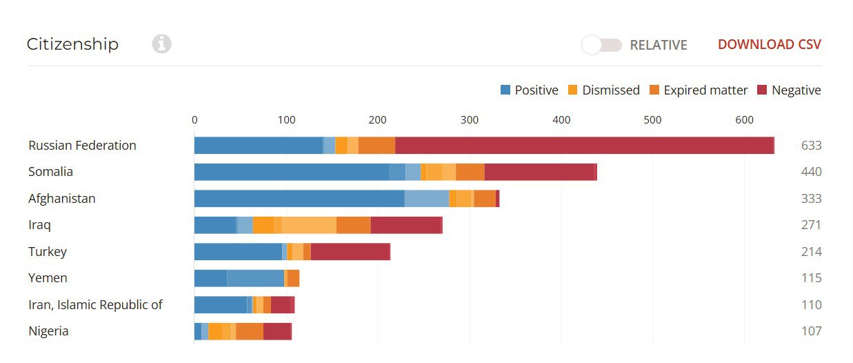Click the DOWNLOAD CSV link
pos(769,45)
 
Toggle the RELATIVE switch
pos(601,45)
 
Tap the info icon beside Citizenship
pos(161,44)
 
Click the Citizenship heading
pos(72,44)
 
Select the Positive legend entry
pos(529,90)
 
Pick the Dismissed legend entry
pos(603,90)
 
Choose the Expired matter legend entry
pos(699,90)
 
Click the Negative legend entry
pos(789,90)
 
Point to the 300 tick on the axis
pos(469,120)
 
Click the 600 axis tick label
pos(745,120)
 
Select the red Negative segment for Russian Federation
pos(584,146)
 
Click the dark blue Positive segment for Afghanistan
pos(299,199)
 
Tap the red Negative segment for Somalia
pos(539,172)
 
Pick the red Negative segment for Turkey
pos(350,252)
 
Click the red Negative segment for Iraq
pos(406,225)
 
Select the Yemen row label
pos(48,278)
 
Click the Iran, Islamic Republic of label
pos(95,305)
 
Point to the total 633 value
pos(811,146)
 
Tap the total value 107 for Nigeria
pos(811,331)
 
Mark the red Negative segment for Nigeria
pos(277,331)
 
